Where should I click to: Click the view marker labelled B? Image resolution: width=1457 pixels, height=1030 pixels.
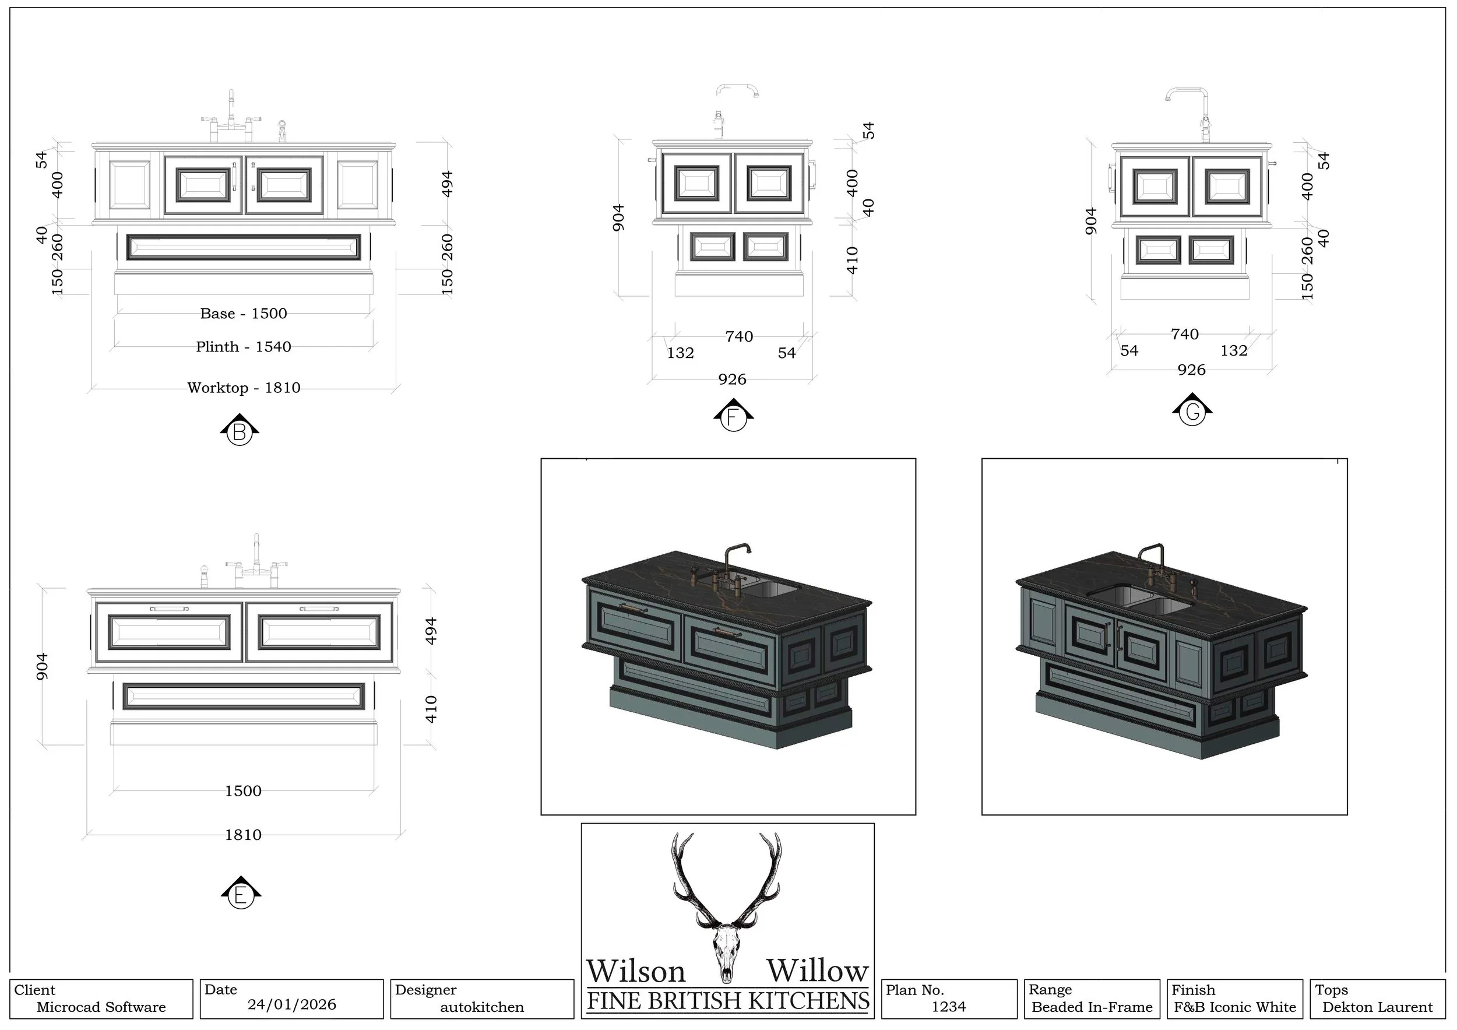point(240,432)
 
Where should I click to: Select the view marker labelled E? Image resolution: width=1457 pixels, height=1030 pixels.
point(241,895)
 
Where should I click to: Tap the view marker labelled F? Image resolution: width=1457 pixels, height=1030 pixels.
point(733,417)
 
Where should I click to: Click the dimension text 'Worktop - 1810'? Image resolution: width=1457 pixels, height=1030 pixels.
point(244,388)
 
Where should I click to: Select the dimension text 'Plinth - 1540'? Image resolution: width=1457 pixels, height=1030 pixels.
point(244,346)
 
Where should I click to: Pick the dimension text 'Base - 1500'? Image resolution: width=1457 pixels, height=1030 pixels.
point(244,314)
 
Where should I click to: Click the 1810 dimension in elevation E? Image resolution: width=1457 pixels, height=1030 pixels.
point(243,835)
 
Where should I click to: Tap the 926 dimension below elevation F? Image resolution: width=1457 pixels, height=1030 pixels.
point(733,379)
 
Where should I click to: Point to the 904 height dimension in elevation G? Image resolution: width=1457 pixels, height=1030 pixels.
point(1091,221)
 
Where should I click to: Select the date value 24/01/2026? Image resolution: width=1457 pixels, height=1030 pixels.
point(292,1004)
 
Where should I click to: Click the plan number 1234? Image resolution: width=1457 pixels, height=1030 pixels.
point(949,1007)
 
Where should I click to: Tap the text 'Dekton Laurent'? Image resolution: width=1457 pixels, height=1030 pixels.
point(1377,1007)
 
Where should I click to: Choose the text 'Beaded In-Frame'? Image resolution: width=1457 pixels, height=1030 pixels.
point(1092,1007)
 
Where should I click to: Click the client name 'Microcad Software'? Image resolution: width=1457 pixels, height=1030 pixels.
point(101,1007)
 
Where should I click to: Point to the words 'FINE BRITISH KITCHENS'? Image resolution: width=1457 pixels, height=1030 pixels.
point(728,1001)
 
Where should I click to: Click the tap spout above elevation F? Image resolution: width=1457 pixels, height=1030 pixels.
point(737,88)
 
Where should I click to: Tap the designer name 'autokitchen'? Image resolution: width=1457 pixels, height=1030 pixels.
point(483,1007)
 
